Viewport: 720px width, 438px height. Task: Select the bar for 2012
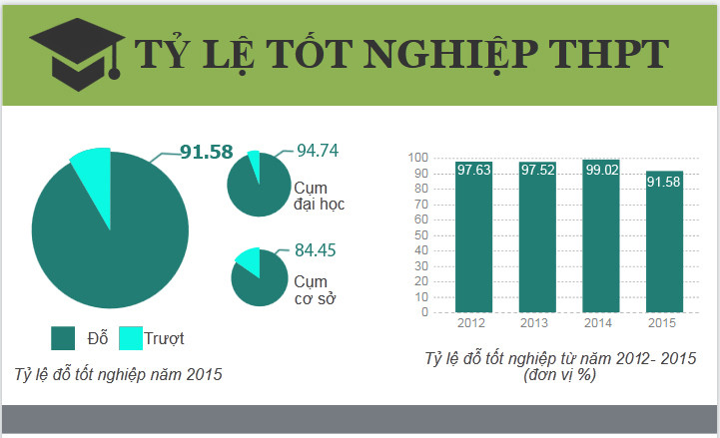click(473, 239)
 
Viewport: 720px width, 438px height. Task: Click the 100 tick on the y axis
click(417, 158)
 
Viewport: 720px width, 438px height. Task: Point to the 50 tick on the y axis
click(420, 235)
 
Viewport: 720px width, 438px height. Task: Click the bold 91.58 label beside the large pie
click(206, 153)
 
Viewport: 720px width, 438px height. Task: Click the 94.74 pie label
click(318, 152)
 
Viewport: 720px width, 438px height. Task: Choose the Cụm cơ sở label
click(314, 290)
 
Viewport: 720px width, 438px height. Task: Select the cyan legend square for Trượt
click(131, 338)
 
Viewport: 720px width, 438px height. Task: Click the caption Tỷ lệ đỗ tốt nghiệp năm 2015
click(118, 375)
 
